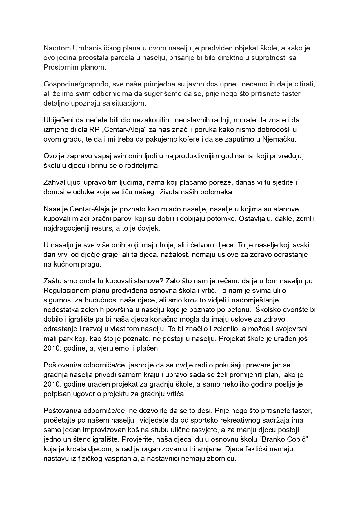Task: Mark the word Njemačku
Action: coord(279,139)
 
